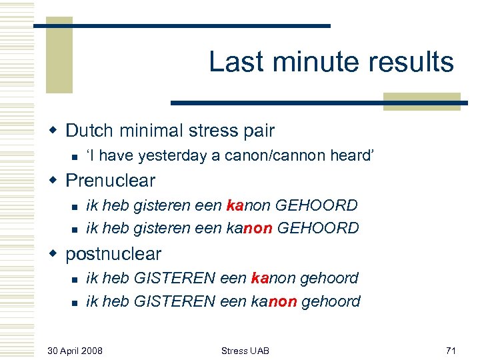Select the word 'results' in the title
click(413, 62)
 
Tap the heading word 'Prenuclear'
click(111, 181)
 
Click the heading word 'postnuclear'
click(113, 254)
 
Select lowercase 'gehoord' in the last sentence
click(331, 301)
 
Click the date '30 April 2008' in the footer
click(75, 350)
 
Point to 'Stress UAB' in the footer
click(245, 350)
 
